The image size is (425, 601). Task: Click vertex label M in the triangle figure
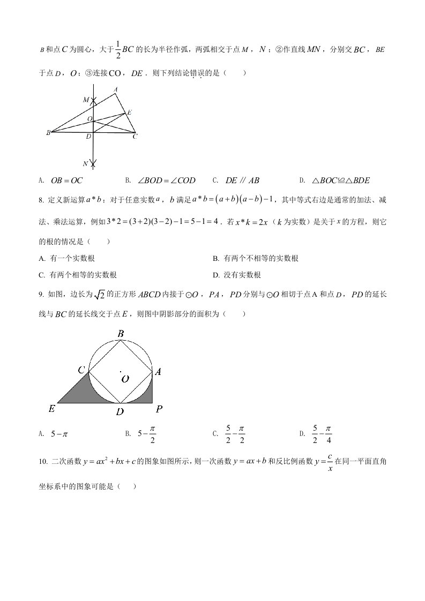(x=86, y=100)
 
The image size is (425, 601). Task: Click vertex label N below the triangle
(x=85, y=163)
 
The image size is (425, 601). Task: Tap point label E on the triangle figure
(x=129, y=112)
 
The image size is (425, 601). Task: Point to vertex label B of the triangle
(x=48, y=132)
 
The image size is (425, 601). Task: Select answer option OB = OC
(x=67, y=181)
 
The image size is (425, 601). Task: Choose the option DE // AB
(x=242, y=181)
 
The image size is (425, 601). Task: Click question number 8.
(x=41, y=200)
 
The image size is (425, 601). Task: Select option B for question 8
(x=255, y=258)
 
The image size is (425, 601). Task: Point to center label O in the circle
(x=125, y=379)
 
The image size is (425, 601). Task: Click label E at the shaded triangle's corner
(x=52, y=409)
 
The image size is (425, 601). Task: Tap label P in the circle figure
(x=159, y=409)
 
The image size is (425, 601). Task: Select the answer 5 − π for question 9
(x=58, y=434)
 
